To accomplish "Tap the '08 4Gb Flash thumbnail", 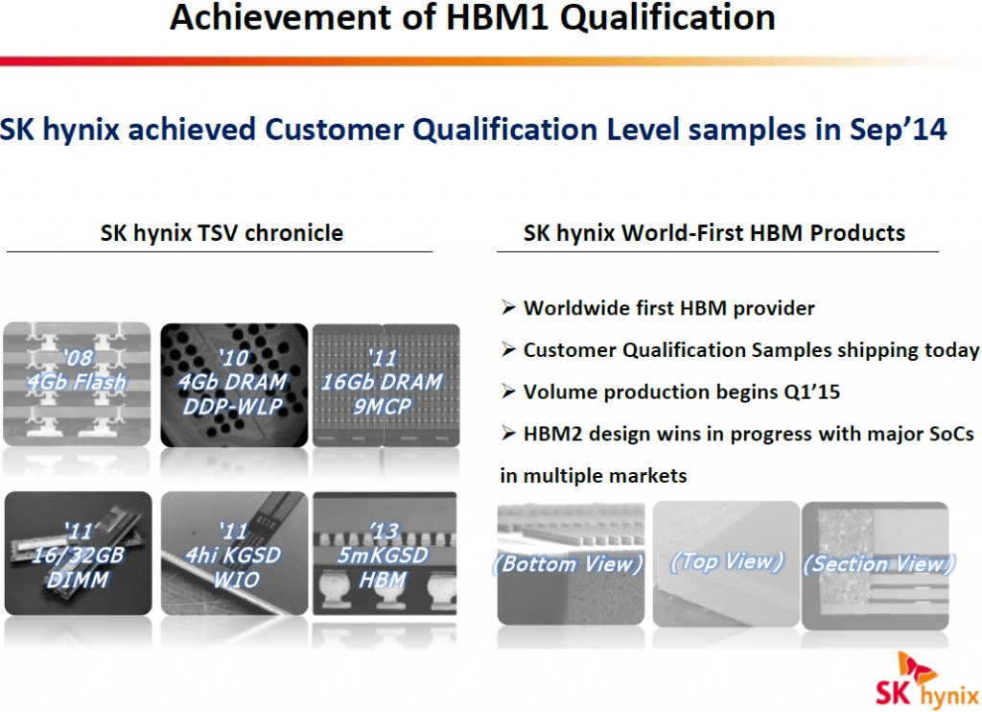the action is pos(77,384).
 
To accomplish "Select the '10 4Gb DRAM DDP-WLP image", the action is pos(234,385).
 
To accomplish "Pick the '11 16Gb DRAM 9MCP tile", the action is pos(386,385).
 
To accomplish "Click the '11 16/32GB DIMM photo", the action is pos(79,553).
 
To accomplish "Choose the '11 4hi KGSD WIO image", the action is pos(234,553).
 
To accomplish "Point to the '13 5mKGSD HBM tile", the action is pos(385,553).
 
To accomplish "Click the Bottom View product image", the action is pos(571,563).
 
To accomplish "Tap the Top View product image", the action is pos(726,563).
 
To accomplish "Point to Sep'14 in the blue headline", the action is pos(898,130).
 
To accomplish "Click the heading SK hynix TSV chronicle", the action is pos(222,233).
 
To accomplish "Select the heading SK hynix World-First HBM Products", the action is pos(714,233).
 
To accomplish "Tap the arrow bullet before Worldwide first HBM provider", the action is pos(508,308).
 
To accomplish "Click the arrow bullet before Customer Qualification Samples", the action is pos(508,349).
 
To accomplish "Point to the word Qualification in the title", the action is pos(667,17).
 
